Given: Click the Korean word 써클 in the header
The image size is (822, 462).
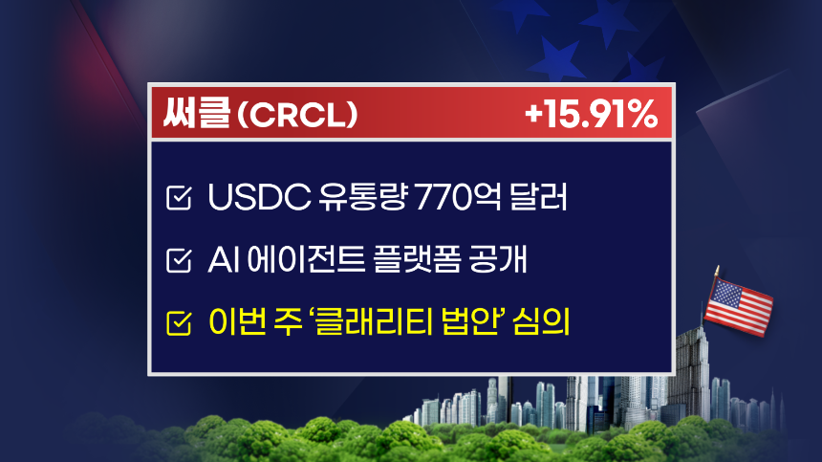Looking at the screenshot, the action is click(197, 113).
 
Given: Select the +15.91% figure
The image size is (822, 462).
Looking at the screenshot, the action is click(591, 114).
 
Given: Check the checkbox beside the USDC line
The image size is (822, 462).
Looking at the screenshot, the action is click(179, 198).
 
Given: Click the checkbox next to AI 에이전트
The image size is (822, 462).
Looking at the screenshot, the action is click(179, 260).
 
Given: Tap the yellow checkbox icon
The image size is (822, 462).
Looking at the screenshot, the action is click(179, 322).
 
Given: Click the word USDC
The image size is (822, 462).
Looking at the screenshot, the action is click(259, 197).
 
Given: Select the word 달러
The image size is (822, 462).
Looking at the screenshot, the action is click(538, 197).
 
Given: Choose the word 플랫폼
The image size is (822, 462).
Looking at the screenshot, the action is click(417, 259).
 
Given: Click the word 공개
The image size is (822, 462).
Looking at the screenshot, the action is click(498, 259).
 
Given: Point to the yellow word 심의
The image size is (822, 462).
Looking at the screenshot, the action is click(542, 321).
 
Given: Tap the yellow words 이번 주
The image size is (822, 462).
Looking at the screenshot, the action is click(256, 321).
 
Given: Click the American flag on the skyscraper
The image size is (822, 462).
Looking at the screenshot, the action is click(738, 306).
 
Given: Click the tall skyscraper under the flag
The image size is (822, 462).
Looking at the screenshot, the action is click(692, 378).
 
